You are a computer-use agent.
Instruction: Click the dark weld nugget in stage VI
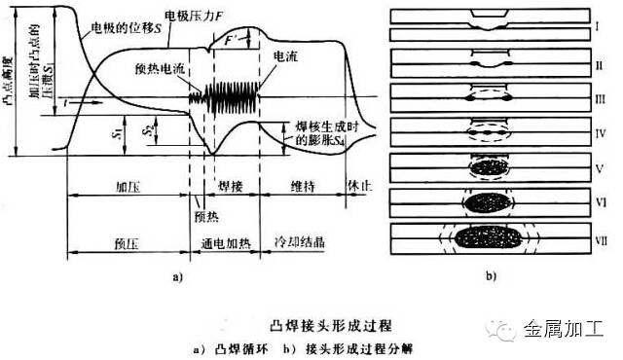(489, 202)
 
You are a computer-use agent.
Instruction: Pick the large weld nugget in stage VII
(489, 237)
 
